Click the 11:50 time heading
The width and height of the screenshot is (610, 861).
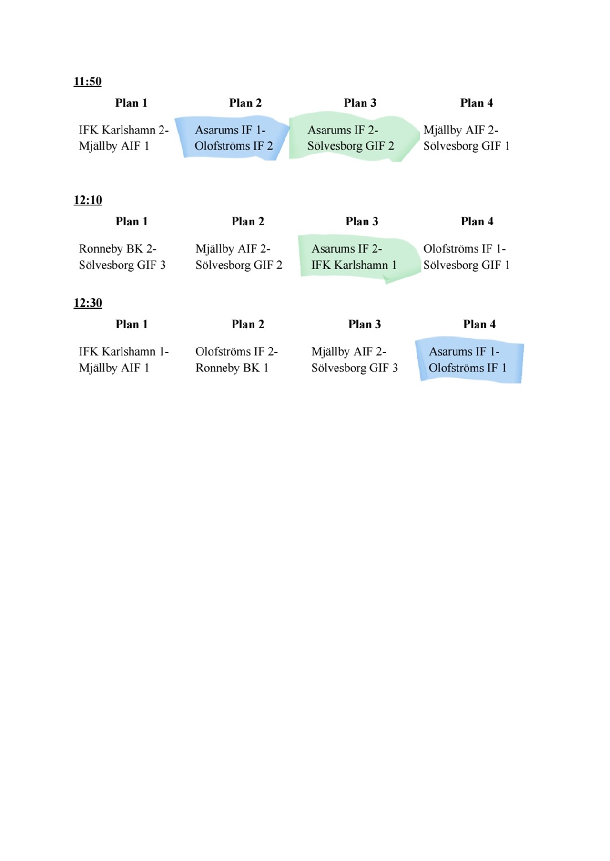point(88,82)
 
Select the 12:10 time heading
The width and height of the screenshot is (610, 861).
point(88,200)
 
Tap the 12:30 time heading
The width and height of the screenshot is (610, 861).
point(88,303)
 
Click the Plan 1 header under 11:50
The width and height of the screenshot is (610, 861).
point(132,103)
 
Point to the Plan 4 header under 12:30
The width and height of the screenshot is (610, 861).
point(479,325)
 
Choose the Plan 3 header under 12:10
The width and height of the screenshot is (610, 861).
point(362,222)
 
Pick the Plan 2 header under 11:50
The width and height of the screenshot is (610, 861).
point(245,103)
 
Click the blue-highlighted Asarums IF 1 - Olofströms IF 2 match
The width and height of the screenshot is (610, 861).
point(234,138)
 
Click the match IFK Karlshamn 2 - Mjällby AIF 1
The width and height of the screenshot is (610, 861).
point(124,138)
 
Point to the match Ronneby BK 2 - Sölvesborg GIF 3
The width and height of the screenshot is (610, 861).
point(122,257)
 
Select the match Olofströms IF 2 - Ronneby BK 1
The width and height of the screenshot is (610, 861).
point(237,360)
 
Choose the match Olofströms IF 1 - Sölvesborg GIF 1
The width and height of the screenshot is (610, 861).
point(467,257)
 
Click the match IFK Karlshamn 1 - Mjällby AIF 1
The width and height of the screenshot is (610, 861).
point(124,360)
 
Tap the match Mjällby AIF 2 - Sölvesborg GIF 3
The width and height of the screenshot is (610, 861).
point(355,360)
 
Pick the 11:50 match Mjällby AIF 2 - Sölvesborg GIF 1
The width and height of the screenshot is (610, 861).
point(467,138)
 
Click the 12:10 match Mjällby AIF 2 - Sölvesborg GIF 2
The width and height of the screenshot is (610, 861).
point(239,257)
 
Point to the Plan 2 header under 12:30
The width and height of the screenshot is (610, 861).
point(248,325)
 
